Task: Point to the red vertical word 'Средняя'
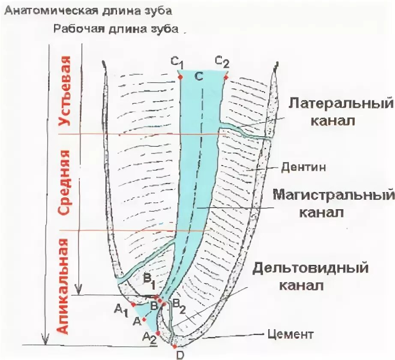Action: (64, 183)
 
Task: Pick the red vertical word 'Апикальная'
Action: (63, 286)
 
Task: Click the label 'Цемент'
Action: (296, 334)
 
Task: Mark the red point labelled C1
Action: (180, 77)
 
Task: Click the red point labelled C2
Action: (226, 77)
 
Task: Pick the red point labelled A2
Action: (158, 333)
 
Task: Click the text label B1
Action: (149, 283)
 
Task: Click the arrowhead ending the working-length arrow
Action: (78, 290)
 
